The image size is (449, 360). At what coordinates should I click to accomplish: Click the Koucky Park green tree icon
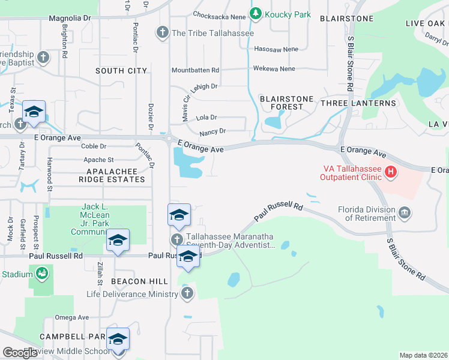[256, 13]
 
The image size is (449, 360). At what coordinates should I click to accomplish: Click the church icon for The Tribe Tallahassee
[163, 32]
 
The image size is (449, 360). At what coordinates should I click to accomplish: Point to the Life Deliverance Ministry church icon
[187, 293]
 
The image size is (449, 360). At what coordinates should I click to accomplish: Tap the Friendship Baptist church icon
[43, 58]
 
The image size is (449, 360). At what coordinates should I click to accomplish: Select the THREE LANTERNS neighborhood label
[358, 103]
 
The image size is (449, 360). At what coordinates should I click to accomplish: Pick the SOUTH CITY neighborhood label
[121, 71]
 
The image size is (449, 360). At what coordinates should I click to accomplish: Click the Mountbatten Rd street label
[195, 70]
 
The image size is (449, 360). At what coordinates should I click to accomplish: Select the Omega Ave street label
[71, 317]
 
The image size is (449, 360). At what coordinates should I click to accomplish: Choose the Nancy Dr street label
[212, 131]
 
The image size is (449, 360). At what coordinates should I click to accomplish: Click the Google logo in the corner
[20, 353]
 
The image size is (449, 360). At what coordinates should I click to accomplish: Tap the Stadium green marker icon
[41, 274]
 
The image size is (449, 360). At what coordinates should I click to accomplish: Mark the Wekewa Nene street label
[274, 69]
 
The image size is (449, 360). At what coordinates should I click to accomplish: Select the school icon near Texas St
[34, 112]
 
